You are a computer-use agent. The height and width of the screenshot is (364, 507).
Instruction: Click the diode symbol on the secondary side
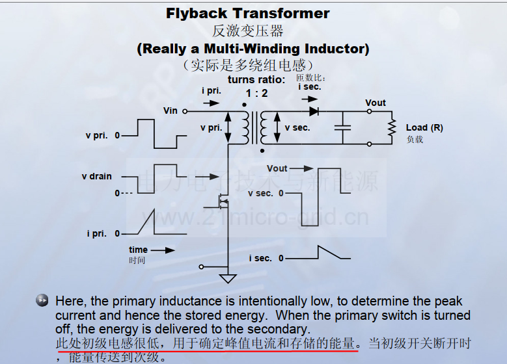point(314,111)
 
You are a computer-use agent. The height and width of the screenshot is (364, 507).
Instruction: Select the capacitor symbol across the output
point(343,127)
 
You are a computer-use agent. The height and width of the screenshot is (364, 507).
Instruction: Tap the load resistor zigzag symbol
point(392,127)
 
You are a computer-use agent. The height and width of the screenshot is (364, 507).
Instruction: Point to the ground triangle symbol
point(228,278)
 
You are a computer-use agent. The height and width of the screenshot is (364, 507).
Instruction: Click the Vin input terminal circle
point(185,111)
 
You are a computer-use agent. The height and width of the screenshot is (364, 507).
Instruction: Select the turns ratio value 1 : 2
point(256,94)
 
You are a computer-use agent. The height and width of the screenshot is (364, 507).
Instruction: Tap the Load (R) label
point(424,127)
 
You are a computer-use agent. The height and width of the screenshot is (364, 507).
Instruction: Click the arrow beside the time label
point(163,250)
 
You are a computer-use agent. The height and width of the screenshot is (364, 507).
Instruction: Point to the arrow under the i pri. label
point(212,103)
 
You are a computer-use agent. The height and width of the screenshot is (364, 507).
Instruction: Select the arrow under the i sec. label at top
point(310,99)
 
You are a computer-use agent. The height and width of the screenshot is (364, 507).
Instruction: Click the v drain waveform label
point(97,176)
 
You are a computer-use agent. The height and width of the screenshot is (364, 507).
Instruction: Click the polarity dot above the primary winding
point(244,105)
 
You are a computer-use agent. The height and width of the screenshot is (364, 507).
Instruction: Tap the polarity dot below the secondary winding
point(262,151)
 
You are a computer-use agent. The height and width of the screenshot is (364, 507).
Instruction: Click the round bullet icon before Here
point(42,300)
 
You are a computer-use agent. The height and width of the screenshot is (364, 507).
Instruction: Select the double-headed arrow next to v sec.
point(277,127)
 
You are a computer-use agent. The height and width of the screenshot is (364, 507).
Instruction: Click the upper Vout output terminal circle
point(369,111)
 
